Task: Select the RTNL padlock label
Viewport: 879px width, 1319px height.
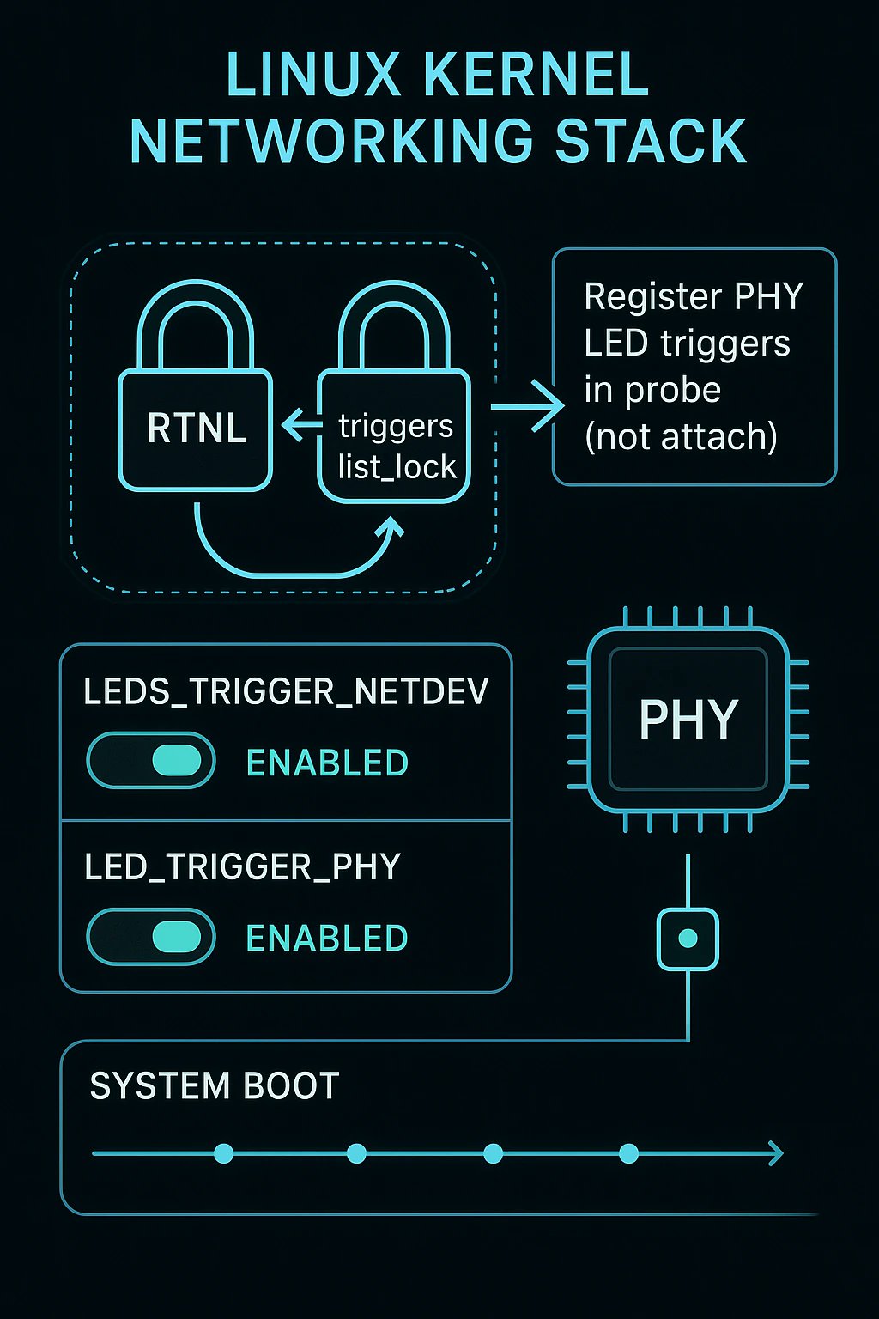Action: [x=197, y=428]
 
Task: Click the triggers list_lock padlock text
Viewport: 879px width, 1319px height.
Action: [x=396, y=446]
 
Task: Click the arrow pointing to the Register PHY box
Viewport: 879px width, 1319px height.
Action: [x=528, y=405]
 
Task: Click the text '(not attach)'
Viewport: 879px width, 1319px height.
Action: [x=681, y=436]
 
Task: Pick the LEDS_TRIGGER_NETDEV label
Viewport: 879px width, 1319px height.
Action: [x=286, y=691]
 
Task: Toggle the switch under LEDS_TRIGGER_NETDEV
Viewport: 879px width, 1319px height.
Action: [x=151, y=761]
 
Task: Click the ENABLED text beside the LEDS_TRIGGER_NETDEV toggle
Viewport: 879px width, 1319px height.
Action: [x=327, y=763]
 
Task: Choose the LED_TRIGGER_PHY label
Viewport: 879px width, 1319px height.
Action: [x=243, y=866]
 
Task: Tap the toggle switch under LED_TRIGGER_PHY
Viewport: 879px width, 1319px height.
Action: [x=151, y=937]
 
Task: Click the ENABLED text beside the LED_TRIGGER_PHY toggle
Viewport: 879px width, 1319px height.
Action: [x=327, y=938]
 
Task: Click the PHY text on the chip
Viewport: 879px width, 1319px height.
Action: [x=688, y=719]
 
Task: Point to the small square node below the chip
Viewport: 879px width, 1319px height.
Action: [x=688, y=939]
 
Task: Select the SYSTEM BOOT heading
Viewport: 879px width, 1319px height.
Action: [x=215, y=1086]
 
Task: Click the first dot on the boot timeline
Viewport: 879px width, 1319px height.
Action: [x=223, y=1153]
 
